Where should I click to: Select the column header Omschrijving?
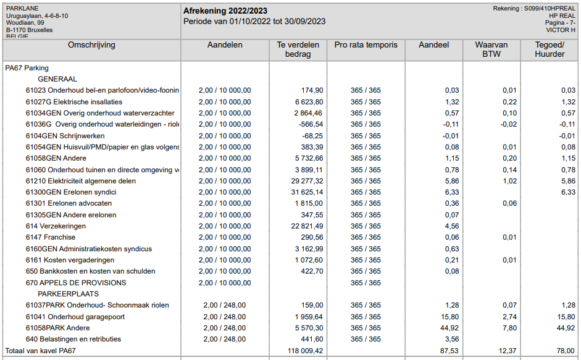tap(91, 45)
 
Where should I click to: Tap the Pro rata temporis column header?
tap(366, 45)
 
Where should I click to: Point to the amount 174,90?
tap(309, 91)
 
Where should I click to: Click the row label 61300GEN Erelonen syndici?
tap(71, 193)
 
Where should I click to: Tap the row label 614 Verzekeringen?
tap(56, 227)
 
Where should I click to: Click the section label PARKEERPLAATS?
tap(69, 294)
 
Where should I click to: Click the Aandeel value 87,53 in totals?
tap(448, 351)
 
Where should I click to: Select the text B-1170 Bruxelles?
tap(30, 30)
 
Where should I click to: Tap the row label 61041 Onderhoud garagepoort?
tap(75, 317)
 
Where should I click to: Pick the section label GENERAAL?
tap(57, 79)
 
